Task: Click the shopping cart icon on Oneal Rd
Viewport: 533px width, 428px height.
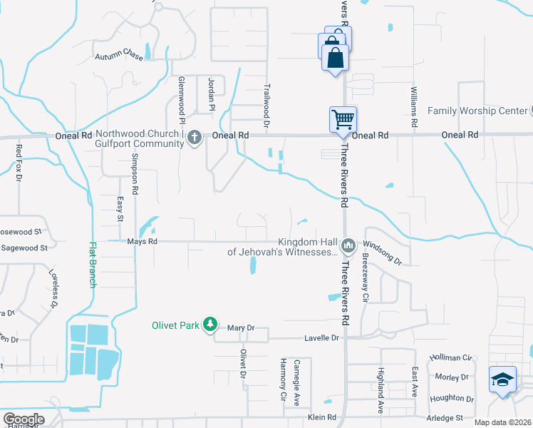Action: coord(343,120)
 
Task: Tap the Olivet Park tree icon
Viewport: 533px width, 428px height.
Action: coord(209,325)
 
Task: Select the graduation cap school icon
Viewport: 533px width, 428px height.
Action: coord(502,379)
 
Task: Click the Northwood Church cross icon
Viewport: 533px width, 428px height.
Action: coord(195,139)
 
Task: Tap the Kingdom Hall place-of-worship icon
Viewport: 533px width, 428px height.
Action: coord(348,246)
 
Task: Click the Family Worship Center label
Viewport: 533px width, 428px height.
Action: coord(477,111)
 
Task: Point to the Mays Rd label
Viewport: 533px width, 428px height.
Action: coord(141,242)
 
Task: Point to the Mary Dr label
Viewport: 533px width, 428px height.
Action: coord(241,328)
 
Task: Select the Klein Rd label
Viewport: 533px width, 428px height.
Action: coord(321,417)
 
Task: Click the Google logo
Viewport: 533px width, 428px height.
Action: coord(24,419)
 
